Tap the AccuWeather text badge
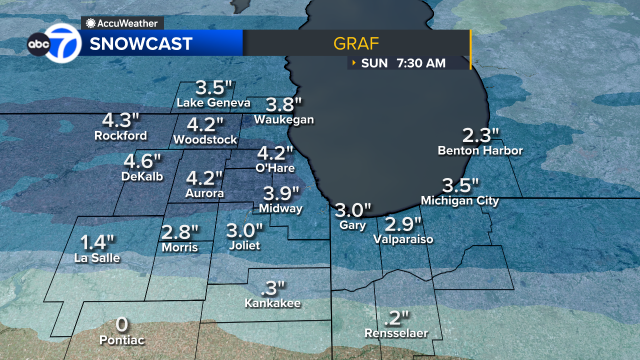123,21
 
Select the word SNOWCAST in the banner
141,44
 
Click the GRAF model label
356,44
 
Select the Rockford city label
121,135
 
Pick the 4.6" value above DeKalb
142,161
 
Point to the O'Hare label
274,168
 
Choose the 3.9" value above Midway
283,193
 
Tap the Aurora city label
204,193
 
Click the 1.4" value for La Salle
98,241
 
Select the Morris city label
179,247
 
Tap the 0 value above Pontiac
122,324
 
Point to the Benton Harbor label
480,151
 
